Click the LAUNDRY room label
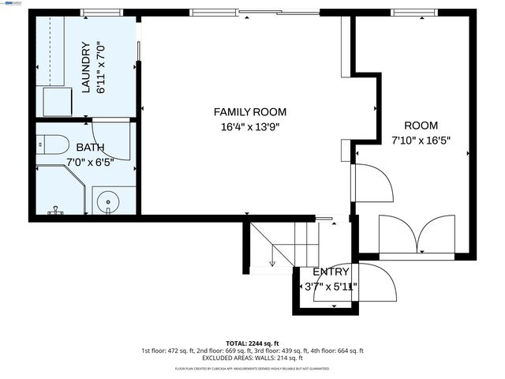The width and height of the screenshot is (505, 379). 87,68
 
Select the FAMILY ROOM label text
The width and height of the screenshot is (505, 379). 250,112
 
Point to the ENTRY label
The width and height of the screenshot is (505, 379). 331,272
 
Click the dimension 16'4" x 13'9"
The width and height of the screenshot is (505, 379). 250,126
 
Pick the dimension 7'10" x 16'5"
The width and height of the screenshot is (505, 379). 421,141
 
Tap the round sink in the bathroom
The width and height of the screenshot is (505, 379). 107,202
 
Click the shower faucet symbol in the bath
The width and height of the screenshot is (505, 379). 55,211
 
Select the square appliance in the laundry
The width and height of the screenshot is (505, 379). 57,101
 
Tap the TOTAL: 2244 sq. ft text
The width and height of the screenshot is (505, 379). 252,343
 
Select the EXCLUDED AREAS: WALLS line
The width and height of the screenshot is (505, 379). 252,358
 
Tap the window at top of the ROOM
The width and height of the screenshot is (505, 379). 410,12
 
